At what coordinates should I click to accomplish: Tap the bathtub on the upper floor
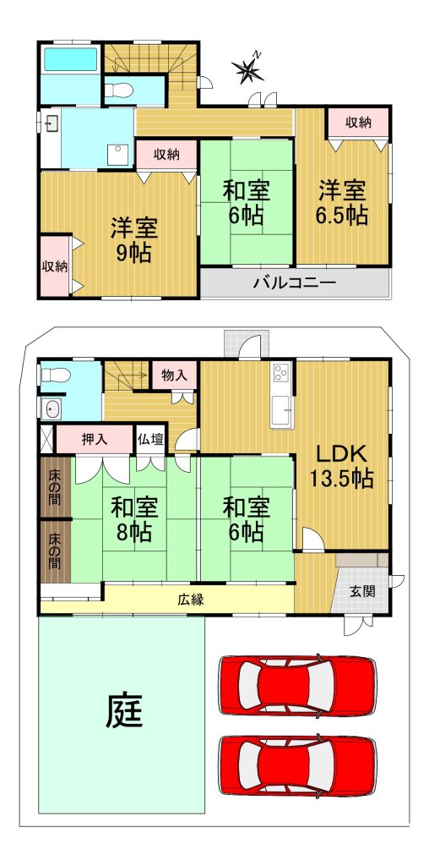(x=71, y=59)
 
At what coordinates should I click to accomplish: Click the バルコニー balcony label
(x=295, y=284)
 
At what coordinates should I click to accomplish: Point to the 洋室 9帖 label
(x=134, y=239)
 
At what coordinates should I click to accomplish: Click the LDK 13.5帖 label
(x=341, y=466)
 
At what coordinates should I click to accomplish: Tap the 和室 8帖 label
(x=134, y=518)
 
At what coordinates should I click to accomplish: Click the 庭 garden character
(x=124, y=710)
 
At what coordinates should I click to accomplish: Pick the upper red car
(x=298, y=685)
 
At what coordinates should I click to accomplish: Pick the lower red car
(x=298, y=765)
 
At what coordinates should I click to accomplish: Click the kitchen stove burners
(x=281, y=373)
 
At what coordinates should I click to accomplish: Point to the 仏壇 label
(x=150, y=440)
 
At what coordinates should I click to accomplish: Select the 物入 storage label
(x=174, y=375)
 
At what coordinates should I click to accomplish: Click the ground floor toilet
(x=54, y=375)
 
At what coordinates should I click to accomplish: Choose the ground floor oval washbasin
(x=52, y=409)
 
